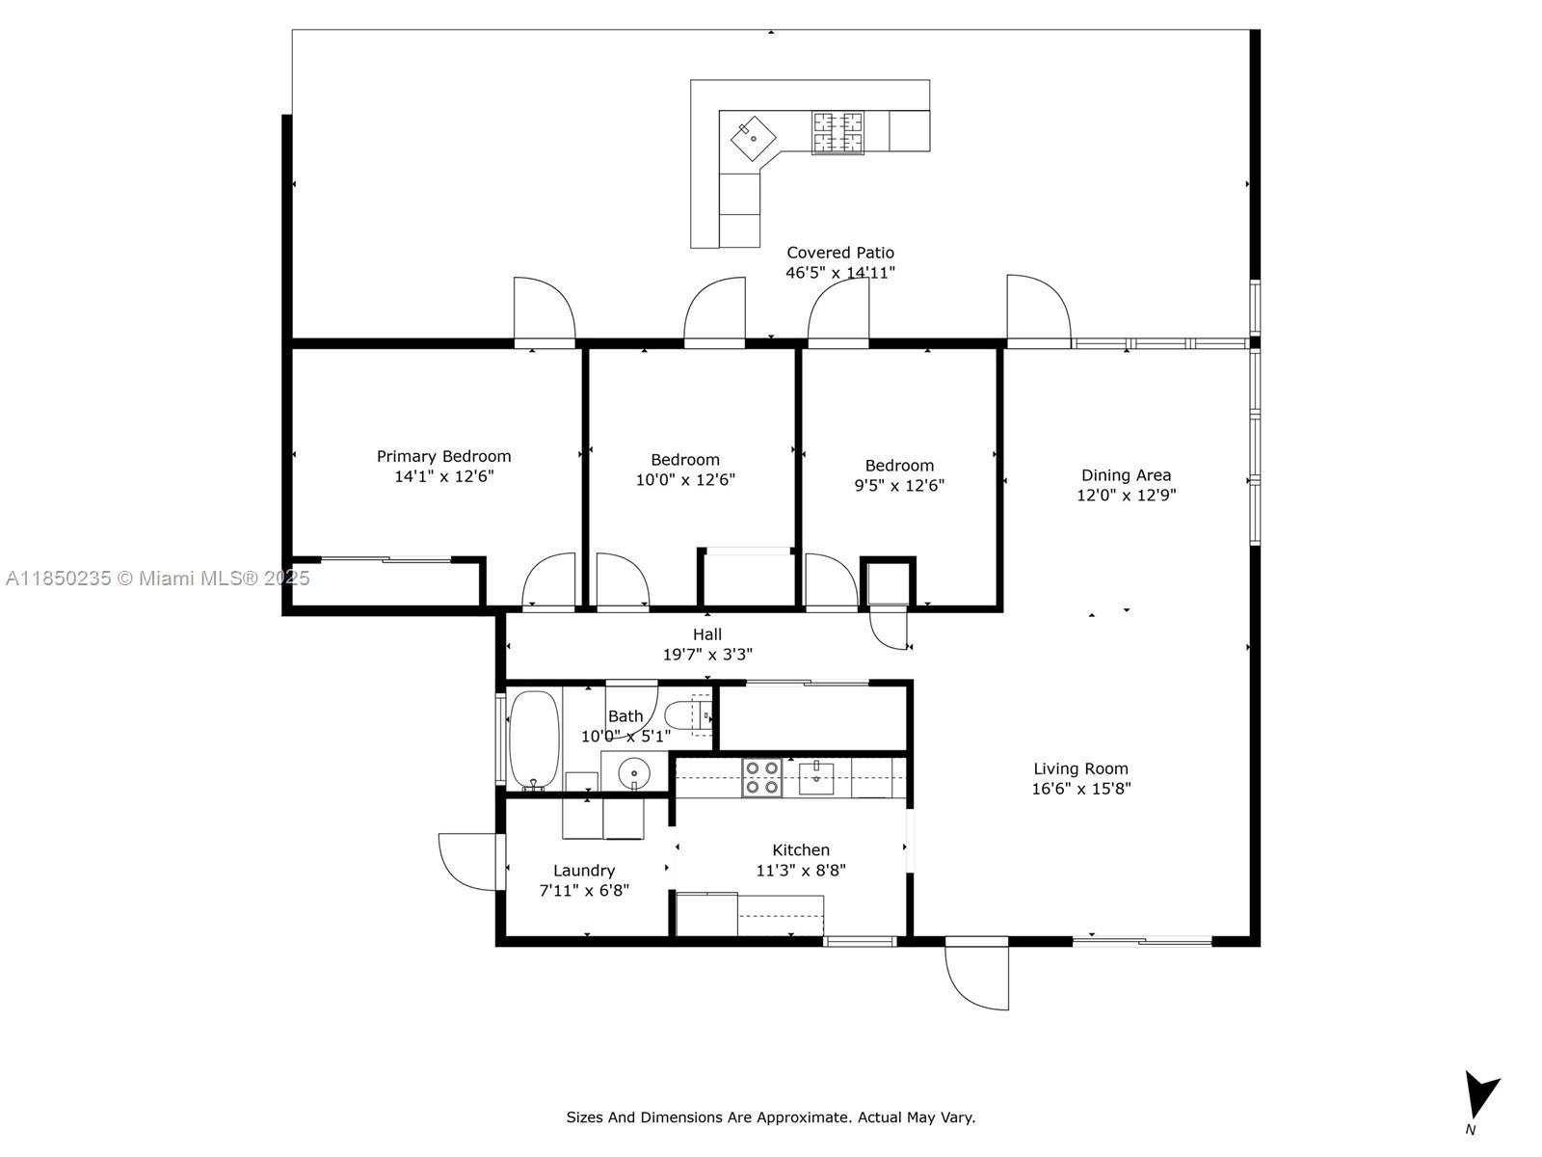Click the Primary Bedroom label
443,457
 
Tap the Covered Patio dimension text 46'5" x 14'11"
839,273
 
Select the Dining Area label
1126,475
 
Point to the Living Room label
1080,769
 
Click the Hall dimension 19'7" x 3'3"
706,655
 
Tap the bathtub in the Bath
534,740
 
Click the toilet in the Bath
688,715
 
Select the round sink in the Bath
633,773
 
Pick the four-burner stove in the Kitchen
761,778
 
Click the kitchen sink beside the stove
816,778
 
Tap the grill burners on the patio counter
837,133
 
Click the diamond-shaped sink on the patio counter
753,139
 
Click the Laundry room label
584,871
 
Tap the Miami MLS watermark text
157,578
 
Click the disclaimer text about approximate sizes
771,1117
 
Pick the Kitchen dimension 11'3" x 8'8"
800,871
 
